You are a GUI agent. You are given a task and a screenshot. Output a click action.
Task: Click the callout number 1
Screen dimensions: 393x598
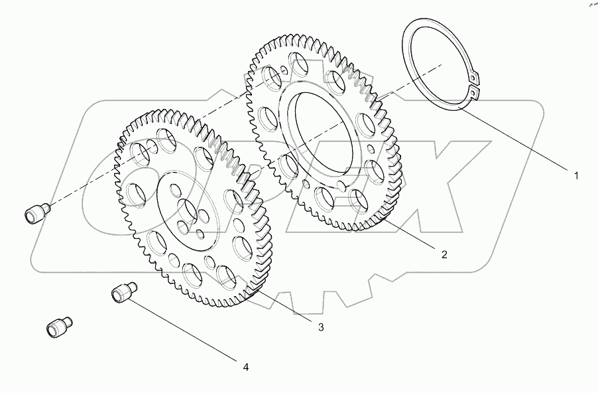coord(576,176)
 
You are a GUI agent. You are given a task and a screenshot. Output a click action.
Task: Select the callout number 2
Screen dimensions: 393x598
coord(444,254)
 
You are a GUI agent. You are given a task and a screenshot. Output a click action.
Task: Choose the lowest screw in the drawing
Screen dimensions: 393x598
coord(58,328)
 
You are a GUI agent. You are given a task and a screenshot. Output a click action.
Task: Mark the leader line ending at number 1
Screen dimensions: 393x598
coord(517,139)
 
